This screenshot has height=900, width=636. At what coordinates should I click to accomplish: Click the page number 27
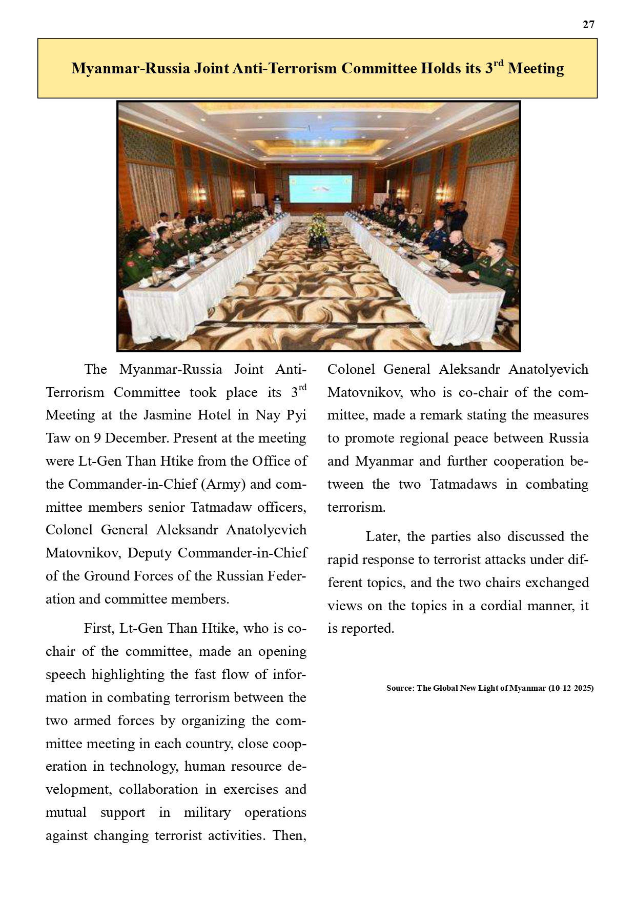click(x=588, y=25)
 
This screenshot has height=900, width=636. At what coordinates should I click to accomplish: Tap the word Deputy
click(x=150, y=553)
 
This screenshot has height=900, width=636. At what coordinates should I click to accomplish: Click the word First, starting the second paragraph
click(x=99, y=629)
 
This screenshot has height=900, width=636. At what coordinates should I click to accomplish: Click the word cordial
click(x=502, y=606)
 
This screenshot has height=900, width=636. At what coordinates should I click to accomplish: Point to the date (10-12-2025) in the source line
click(x=570, y=688)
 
